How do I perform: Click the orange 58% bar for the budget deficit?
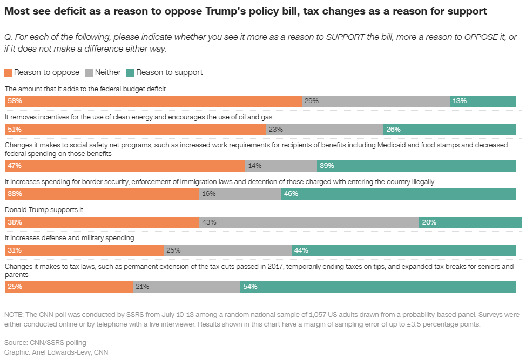click(153, 101)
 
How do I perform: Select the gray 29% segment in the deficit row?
click(376, 101)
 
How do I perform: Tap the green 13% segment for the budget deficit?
click(483, 101)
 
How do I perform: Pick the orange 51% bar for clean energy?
click(135, 130)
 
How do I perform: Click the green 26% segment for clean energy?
click(450, 130)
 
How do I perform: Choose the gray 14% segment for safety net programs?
click(281, 166)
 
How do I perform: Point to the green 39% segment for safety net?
click(416, 166)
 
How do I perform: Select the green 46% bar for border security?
click(399, 194)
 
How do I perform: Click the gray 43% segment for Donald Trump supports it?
click(309, 222)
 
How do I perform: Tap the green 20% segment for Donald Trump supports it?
click(470, 222)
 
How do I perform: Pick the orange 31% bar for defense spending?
click(84, 250)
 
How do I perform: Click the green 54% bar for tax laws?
click(378, 287)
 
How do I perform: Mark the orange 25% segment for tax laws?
click(69, 287)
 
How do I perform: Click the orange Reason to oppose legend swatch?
click(8, 72)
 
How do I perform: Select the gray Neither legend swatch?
click(89, 72)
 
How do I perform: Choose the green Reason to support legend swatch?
click(130, 72)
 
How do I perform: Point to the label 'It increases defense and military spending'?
click(69, 237)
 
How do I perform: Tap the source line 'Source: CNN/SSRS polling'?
click(45, 342)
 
